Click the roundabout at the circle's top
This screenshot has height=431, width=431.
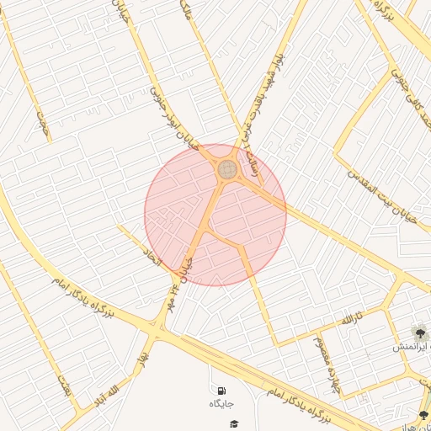tap(226, 169)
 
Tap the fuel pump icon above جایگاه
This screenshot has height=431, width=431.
tap(221, 391)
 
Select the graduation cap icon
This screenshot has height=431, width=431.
tap(234, 423)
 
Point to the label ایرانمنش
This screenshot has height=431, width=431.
tap(412, 347)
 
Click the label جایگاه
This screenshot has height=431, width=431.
tap(221, 404)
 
